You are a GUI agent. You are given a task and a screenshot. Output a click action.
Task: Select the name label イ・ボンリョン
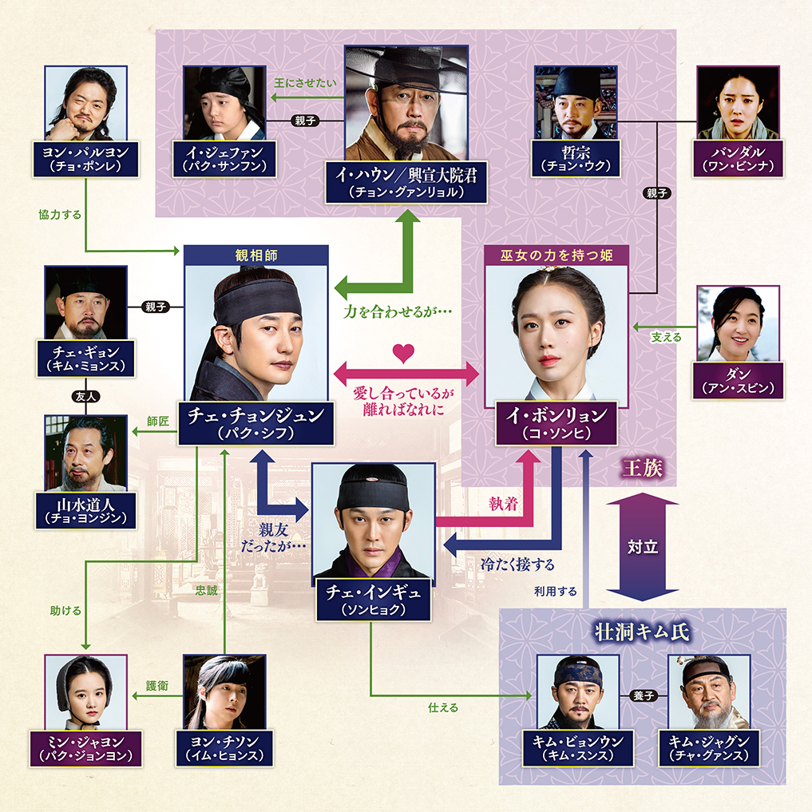click(557, 423)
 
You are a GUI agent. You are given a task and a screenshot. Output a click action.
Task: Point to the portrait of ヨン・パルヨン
click(85, 104)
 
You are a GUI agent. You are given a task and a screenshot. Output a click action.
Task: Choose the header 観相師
click(255, 255)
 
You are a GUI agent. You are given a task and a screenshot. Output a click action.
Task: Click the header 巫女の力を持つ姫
click(557, 255)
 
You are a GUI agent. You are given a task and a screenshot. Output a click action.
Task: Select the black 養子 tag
click(643, 695)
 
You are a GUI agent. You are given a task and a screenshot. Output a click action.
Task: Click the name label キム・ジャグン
click(709, 747)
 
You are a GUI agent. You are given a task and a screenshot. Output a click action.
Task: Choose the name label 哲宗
click(576, 159)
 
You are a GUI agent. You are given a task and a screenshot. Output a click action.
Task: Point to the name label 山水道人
click(85, 509)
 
